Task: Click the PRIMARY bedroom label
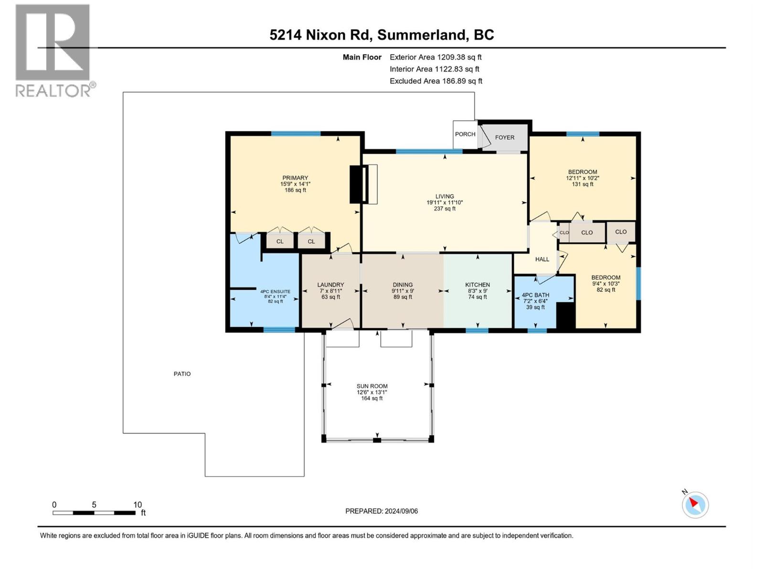coord(295,178)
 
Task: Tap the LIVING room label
coord(445,196)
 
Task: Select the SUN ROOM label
coord(372,386)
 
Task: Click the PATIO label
coord(182,374)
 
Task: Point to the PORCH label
coord(465,134)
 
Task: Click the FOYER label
coord(505,138)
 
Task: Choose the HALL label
coord(542,259)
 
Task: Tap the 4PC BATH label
coord(535,295)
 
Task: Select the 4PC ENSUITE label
coord(275,291)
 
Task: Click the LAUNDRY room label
coord(330,285)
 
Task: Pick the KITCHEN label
coord(477,285)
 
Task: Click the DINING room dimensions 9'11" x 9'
coord(403,291)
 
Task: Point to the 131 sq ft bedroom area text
coord(583,184)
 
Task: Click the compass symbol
coord(695,505)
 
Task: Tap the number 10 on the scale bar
coord(138,505)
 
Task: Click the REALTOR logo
coord(53,50)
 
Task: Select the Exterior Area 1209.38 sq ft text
coord(435,57)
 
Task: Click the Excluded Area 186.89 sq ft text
coord(435,81)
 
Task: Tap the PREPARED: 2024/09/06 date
coord(382,511)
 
